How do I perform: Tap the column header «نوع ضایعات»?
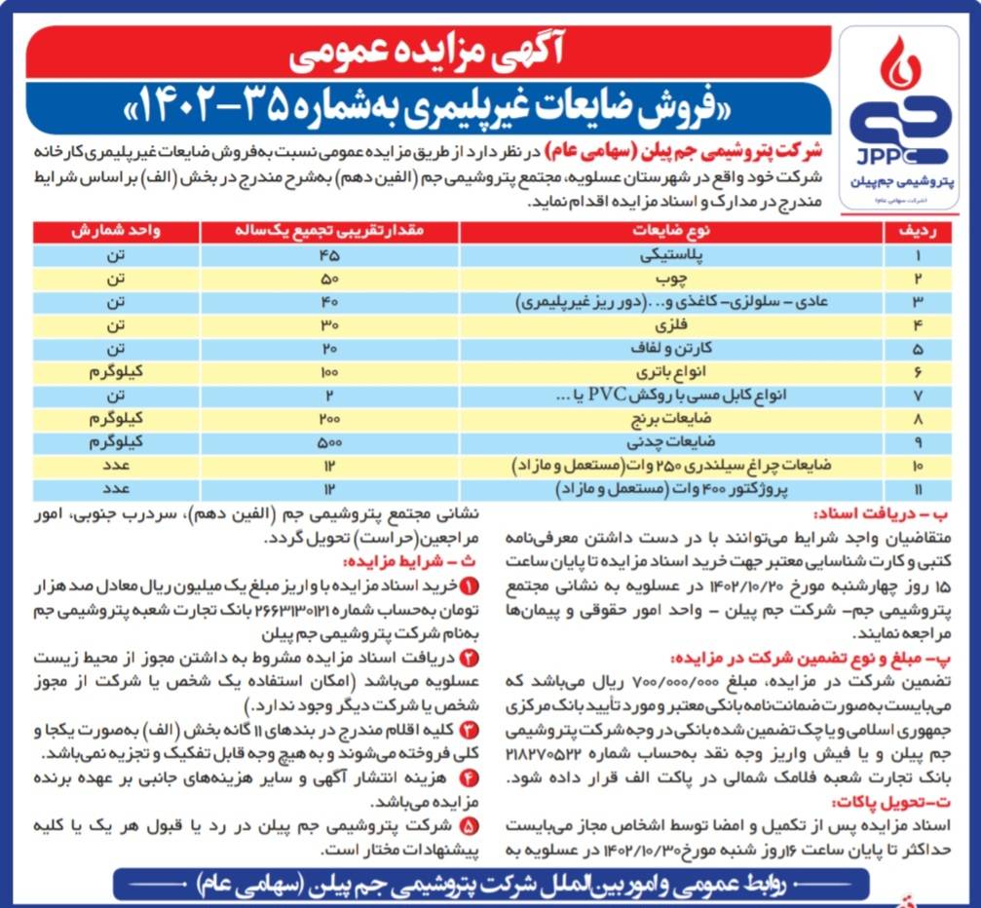tap(671, 232)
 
